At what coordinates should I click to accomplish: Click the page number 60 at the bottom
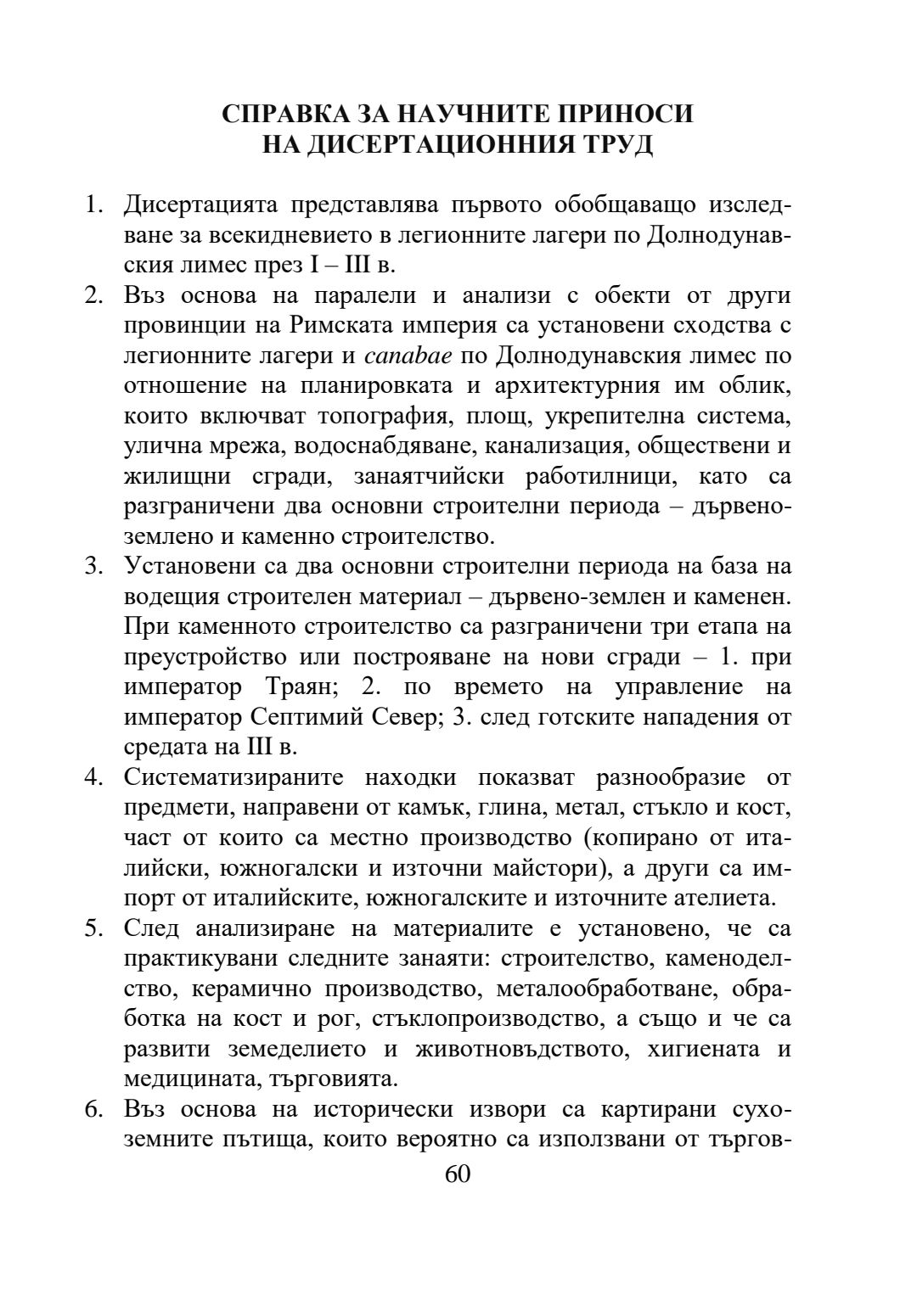click(x=458, y=1174)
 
